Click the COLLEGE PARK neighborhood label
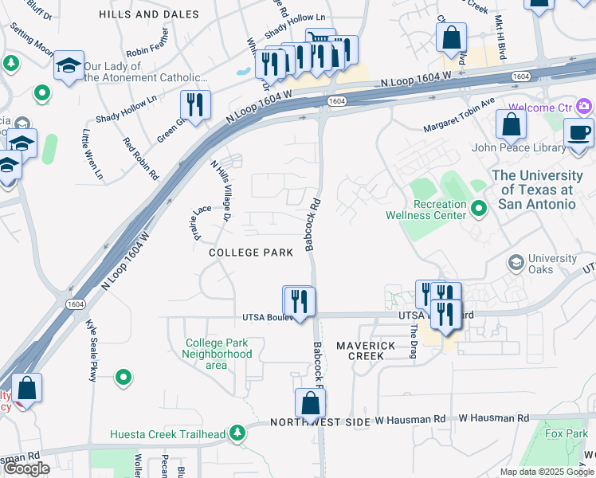coord(246,253)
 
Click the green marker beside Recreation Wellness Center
coord(479,209)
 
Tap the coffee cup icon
coord(579,132)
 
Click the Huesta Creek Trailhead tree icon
coord(237,433)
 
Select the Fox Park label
coord(566,433)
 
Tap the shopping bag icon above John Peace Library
coord(511,124)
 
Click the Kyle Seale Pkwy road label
coord(92,351)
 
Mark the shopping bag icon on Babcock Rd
coord(310,403)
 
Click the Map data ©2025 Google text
coord(547,472)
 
